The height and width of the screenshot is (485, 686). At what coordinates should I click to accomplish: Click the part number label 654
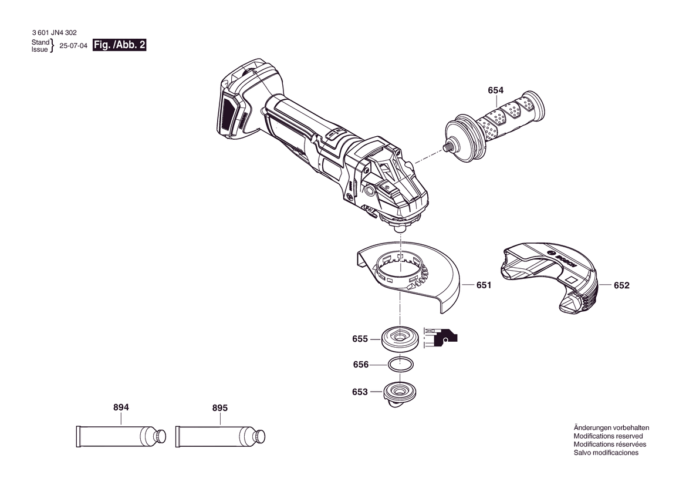click(x=496, y=90)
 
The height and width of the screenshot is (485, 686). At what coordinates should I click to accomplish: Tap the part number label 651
click(x=484, y=285)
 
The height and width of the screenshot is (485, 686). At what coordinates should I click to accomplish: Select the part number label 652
click(x=621, y=285)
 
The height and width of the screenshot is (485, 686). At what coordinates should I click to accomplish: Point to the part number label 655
click(x=360, y=339)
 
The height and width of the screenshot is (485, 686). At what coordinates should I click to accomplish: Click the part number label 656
click(x=361, y=365)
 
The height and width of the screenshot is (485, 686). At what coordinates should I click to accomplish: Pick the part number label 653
click(x=360, y=392)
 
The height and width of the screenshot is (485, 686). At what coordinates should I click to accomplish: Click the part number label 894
click(x=121, y=407)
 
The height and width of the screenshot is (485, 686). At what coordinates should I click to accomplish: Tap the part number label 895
click(x=220, y=407)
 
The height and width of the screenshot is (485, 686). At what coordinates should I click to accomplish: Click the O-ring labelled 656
click(x=401, y=358)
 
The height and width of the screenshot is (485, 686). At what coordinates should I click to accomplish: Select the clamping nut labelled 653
click(x=400, y=395)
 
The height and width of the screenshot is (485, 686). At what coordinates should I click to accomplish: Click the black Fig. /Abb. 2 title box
click(x=120, y=45)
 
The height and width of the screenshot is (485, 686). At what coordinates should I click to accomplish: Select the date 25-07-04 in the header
click(x=73, y=46)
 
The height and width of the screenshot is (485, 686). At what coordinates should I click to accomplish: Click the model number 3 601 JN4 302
click(x=54, y=32)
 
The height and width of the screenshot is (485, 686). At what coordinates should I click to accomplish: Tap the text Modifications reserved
click(x=609, y=436)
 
